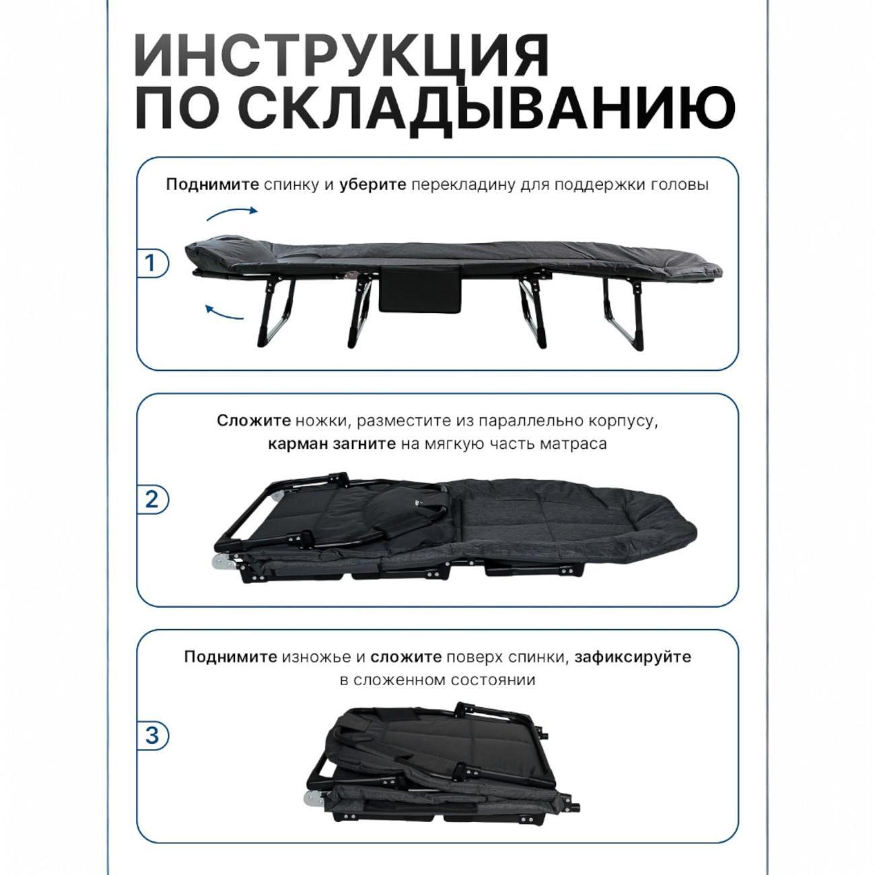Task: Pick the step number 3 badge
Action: (x=151, y=735)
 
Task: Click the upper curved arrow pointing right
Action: (x=232, y=213)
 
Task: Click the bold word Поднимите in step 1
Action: (x=212, y=185)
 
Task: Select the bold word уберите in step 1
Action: (x=373, y=185)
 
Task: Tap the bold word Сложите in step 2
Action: (x=254, y=421)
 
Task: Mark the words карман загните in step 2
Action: (x=331, y=444)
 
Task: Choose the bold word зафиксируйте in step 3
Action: (x=632, y=657)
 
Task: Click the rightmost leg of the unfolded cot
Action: (x=622, y=316)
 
